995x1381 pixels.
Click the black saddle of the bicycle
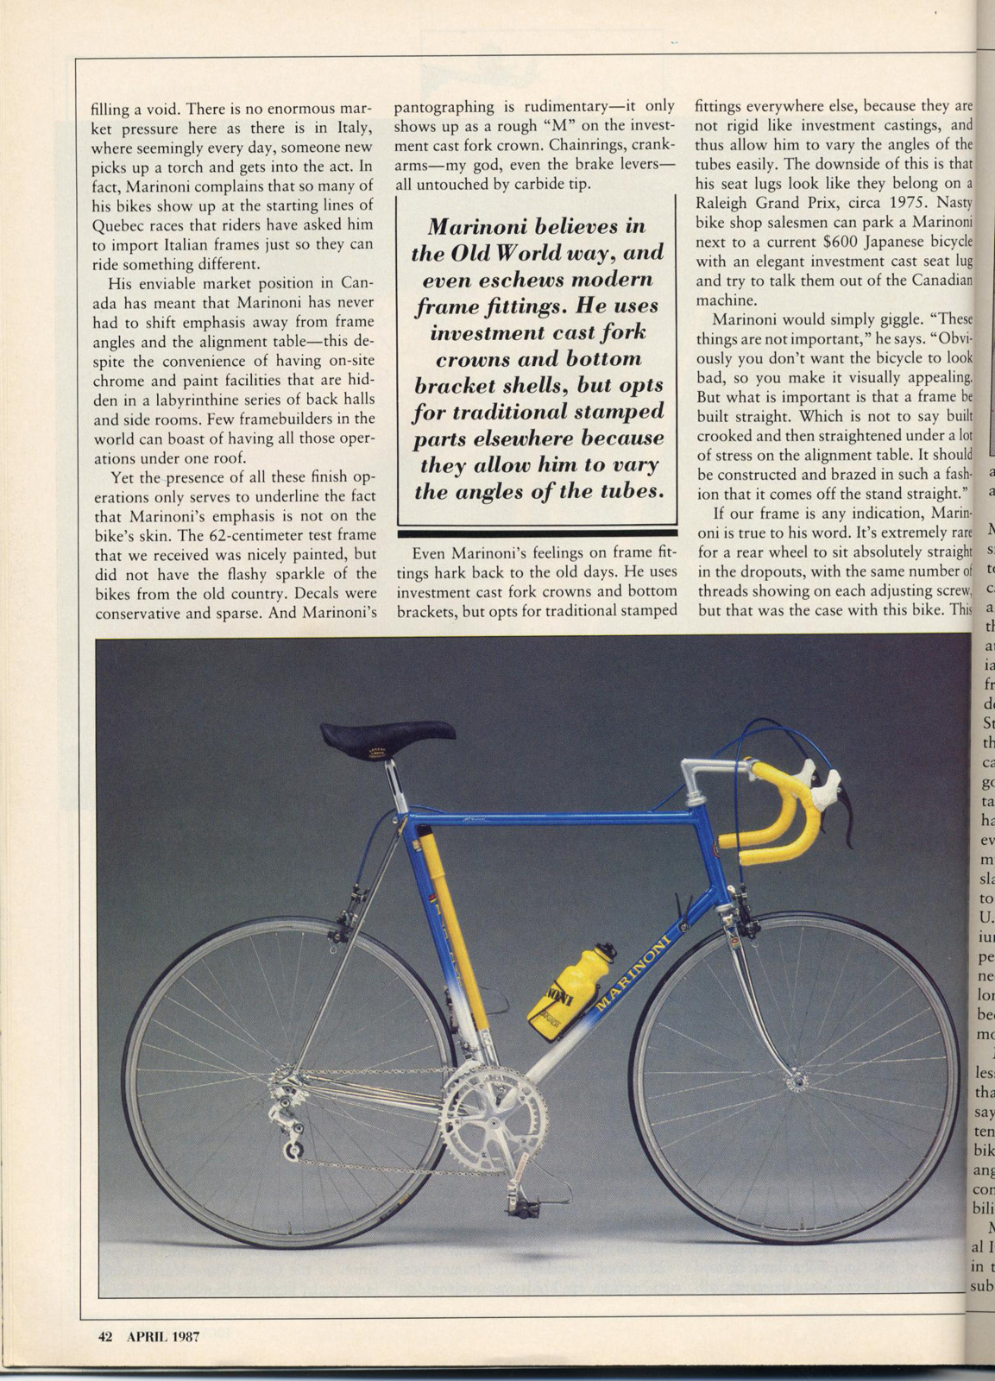click(387, 735)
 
